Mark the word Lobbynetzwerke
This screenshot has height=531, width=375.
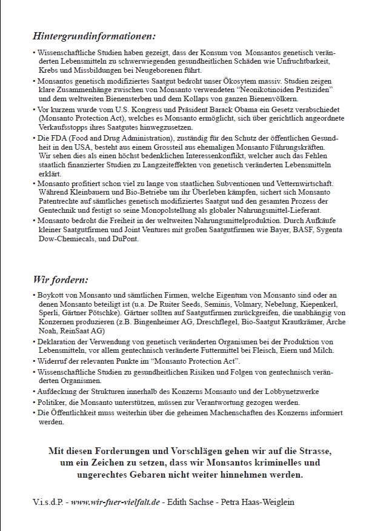click(290, 392)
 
